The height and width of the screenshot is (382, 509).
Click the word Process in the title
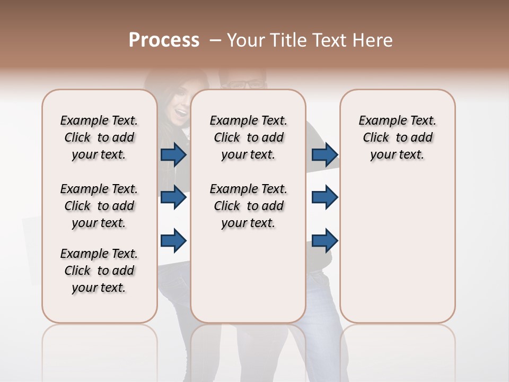pyautogui.click(x=164, y=40)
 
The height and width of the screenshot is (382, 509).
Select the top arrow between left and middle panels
pyautogui.click(x=173, y=154)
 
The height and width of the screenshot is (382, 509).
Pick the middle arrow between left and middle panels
pyautogui.click(x=173, y=197)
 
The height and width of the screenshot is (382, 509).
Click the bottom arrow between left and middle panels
pyautogui.click(x=173, y=240)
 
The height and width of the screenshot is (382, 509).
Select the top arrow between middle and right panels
pyautogui.click(x=325, y=154)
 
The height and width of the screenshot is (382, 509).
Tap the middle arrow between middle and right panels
pyautogui.click(x=325, y=197)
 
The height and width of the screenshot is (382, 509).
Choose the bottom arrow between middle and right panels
pyautogui.click(x=325, y=240)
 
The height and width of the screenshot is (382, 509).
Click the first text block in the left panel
pyautogui.click(x=99, y=137)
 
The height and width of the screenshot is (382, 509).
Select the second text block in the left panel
pyautogui.click(x=99, y=206)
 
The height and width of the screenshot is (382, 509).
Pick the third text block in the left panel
pyautogui.click(x=99, y=271)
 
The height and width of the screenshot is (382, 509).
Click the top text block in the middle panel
pyautogui.click(x=248, y=137)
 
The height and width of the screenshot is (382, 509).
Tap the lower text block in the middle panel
pyautogui.click(x=248, y=206)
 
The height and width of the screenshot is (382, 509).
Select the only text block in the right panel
pyautogui.click(x=397, y=137)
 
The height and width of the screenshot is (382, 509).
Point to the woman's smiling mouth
pyautogui.click(x=182, y=112)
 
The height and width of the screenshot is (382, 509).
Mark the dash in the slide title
pyautogui.click(x=215, y=40)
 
